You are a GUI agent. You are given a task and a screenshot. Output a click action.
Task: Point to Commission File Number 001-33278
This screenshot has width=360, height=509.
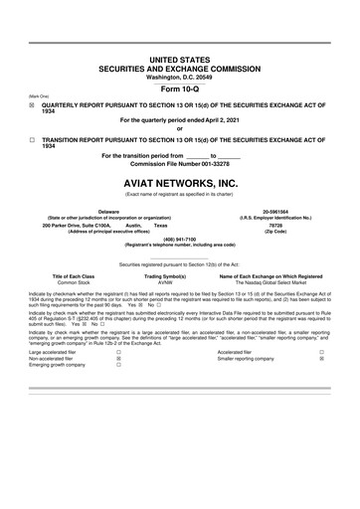pyautogui.click(x=179, y=163)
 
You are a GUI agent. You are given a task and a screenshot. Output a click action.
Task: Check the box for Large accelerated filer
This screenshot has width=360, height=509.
pyautogui.click(x=118, y=352)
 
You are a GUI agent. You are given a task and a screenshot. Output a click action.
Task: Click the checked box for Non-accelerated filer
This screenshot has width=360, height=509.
pyautogui.click(x=118, y=359)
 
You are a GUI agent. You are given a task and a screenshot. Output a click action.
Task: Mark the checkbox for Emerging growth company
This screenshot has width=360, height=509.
pyautogui.click(x=118, y=366)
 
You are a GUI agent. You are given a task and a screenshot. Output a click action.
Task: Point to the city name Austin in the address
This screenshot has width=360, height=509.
pyautogui.click(x=135, y=225)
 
